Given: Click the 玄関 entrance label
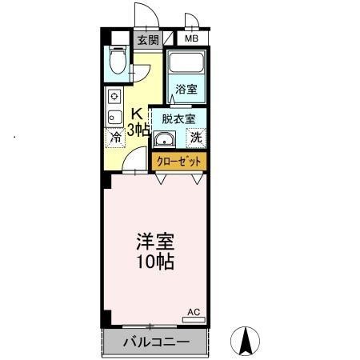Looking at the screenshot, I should (146, 39).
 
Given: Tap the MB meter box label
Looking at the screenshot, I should (192, 38).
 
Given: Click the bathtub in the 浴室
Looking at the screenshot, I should (188, 63).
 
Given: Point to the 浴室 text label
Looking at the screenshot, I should (186, 89).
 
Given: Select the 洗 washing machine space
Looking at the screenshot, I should (196, 138).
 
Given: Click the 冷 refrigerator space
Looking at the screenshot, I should (115, 138).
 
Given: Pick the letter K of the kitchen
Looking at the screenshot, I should (136, 112).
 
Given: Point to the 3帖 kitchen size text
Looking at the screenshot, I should (138, 129).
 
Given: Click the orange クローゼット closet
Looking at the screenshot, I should (179, 161).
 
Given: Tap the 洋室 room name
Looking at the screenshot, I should (154, 241).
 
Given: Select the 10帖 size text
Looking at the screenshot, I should (154, 262).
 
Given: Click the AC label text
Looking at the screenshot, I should (194, 311).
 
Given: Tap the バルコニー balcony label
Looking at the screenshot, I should (156, 343).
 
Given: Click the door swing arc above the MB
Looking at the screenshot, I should (190, 22).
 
